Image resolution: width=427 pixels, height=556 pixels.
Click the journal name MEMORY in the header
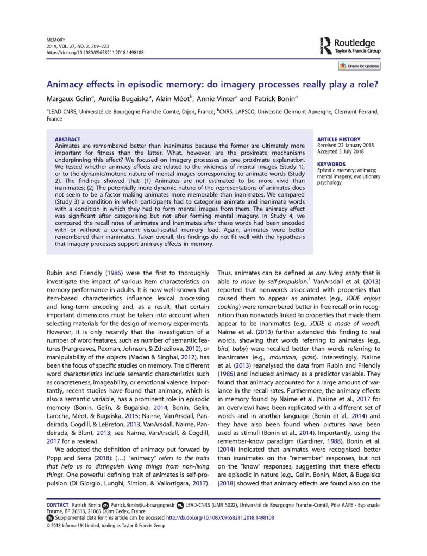(55, 40)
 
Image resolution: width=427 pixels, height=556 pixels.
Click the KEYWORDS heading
(331, 163)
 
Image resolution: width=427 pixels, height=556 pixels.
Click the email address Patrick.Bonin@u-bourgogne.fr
(141, 504)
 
